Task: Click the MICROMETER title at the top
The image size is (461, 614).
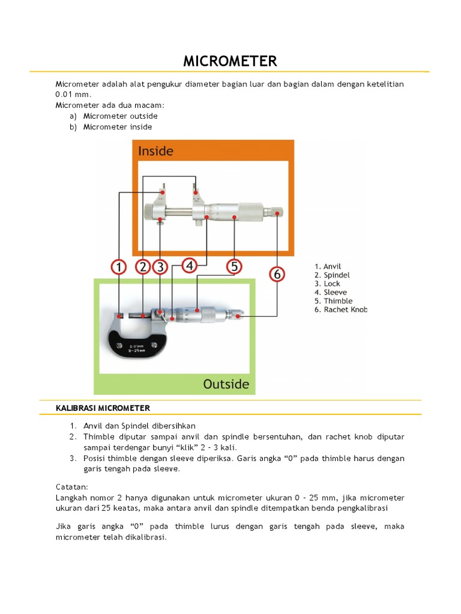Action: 230,61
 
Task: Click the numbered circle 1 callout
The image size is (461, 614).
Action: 119,267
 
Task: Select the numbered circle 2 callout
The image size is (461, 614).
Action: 143,267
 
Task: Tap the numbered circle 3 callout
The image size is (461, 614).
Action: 160,267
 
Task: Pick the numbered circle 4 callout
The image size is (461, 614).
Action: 190,266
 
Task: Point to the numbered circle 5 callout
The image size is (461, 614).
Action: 234,266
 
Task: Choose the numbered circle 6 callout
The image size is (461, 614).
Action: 277,274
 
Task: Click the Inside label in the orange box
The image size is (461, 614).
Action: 155,151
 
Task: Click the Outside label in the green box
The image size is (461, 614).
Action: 226,384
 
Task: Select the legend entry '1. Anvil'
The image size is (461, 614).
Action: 328,266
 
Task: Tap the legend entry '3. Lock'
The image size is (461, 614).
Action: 327,284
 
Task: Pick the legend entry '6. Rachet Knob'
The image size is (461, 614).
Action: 340,309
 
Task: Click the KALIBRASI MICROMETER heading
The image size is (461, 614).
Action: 103,408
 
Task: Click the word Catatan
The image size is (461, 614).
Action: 72,487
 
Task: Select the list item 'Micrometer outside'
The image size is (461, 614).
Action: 120,116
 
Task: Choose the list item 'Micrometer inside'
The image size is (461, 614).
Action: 118,127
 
